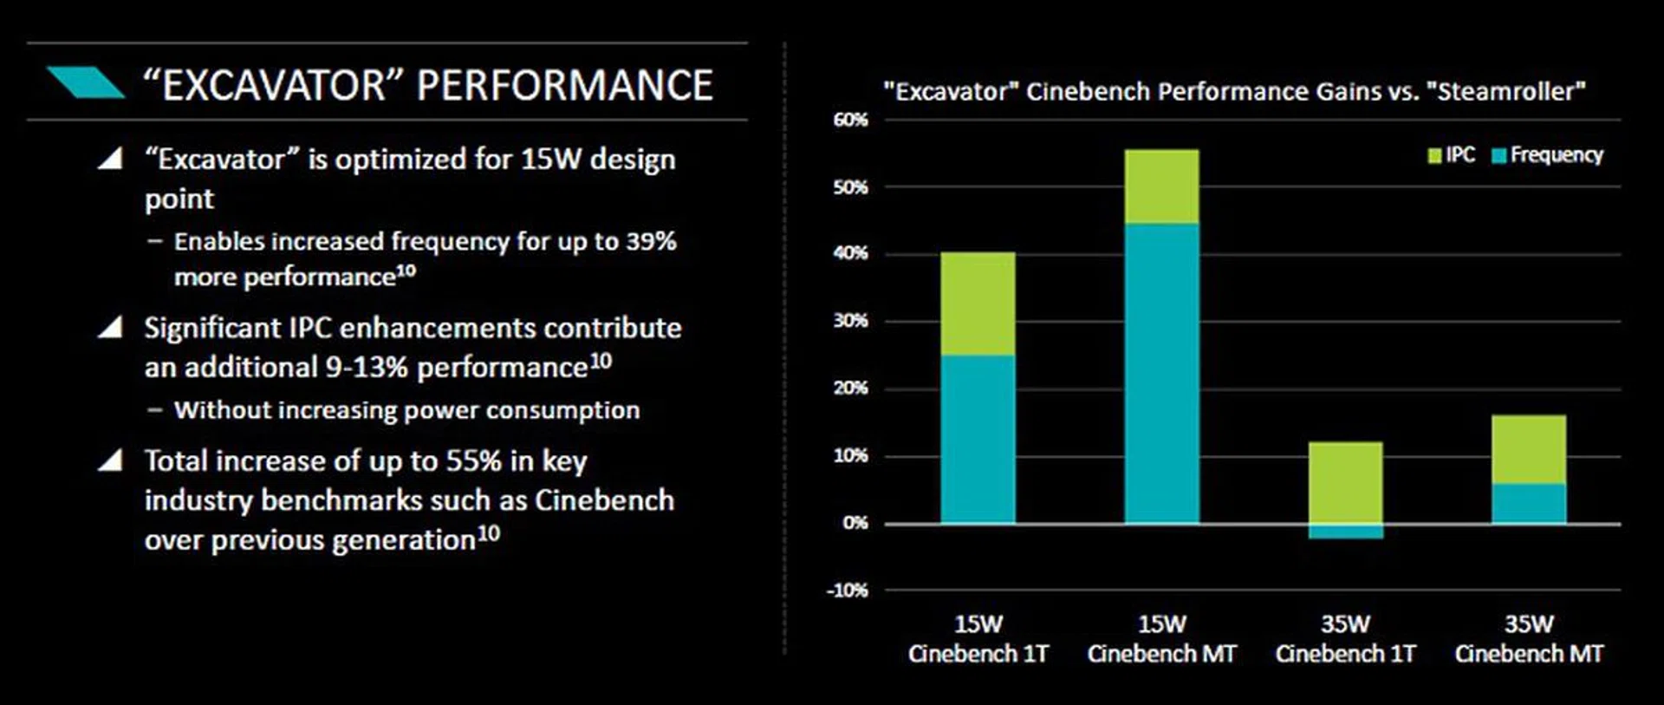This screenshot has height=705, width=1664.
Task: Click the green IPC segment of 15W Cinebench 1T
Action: (x=978, y=304)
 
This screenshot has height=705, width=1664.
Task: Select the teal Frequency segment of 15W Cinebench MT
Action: (x=1161, y=373)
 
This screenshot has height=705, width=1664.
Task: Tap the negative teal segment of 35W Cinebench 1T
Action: (x=1345, y=532)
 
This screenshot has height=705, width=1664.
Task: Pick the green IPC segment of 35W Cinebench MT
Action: (x=1529, y=449)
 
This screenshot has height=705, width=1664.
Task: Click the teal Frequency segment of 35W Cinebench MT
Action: (x=1529, y=503)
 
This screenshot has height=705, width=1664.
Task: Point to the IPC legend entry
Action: (x=1452, y=155)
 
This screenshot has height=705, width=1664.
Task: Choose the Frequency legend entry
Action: (x=1548, y=155)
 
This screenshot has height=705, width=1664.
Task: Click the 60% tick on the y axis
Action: (x=850, y=120)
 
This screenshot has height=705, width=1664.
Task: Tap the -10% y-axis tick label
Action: (x=847, y=591)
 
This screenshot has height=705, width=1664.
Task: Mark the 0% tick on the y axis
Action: (x=854, y=523)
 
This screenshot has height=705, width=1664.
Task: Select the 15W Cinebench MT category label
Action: (x=1161, y=639)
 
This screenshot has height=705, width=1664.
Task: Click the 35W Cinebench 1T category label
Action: (x=1345, y=639)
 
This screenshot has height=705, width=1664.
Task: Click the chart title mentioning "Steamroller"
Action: (x=1234, y=91)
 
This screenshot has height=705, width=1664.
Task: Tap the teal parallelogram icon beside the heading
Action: (x=85, y=82)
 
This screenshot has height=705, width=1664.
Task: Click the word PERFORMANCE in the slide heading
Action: (x=565, y=85)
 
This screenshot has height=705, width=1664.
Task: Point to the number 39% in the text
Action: (x=651, y=241)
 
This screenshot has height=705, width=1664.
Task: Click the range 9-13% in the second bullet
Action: (x=367, y=368)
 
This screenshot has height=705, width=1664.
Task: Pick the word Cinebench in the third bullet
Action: (x=604, y=500)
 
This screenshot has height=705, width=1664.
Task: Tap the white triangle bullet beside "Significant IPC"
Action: (x=110, y=328)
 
